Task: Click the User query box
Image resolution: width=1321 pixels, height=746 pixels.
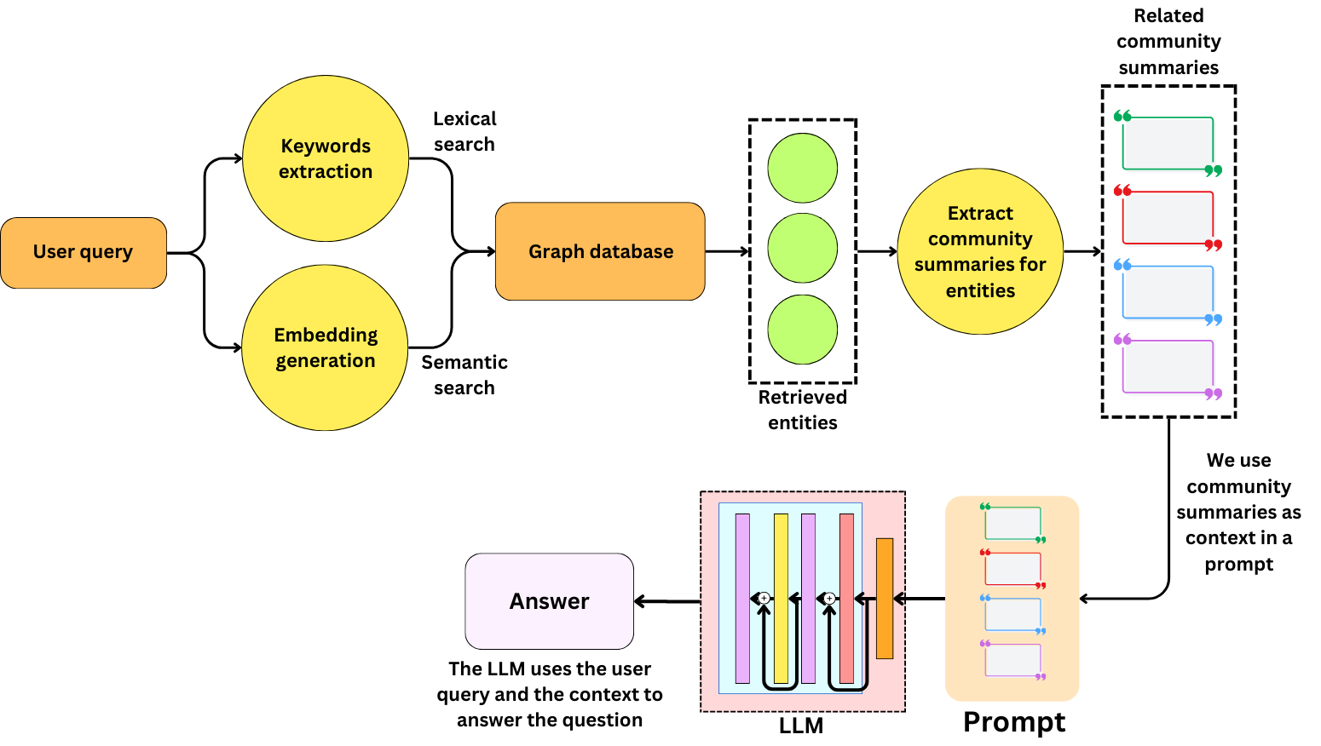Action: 84,252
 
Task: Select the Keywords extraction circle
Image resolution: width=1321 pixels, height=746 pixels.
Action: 326,158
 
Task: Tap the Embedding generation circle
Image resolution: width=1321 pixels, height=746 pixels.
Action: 326,347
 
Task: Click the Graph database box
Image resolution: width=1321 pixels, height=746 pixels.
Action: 600,251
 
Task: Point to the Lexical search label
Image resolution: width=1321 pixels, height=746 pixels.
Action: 464,131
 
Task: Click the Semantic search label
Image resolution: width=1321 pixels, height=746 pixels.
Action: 464,375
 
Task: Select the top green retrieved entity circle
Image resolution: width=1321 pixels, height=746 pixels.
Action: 802,168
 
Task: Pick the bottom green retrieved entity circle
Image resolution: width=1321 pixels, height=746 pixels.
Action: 802,330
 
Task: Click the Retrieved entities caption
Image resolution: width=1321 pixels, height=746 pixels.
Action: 802,410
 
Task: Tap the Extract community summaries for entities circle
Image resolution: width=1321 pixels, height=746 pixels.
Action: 980,251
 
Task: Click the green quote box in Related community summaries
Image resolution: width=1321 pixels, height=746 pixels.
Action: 1168,143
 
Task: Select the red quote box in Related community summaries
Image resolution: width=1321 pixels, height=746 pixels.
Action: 1168,217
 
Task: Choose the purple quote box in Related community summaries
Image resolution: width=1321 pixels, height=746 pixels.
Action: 1168,366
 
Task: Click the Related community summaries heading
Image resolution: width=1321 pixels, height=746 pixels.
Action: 1168,41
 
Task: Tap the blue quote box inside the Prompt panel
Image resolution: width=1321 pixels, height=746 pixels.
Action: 1012,614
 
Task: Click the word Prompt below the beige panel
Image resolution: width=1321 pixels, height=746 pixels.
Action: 1013,721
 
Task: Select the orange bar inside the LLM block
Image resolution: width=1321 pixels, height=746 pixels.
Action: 885,598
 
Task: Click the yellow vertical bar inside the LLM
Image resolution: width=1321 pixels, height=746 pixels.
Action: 781,598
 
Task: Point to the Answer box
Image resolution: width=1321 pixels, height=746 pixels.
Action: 550,601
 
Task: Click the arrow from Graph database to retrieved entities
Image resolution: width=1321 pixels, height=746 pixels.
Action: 727,251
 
